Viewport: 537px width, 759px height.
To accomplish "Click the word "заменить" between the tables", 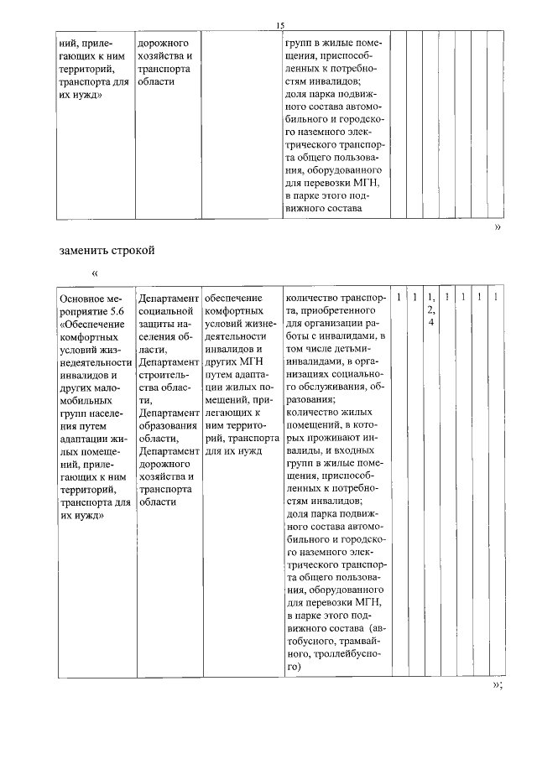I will pyautogui.click(x=86, y=250).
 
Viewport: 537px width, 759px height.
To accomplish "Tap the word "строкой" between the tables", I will pyautogui.click(x=134, y=250).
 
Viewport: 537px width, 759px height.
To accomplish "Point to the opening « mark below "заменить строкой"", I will pyautogui.click(x=95, y=273).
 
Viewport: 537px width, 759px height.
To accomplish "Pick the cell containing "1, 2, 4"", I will pyautogui.click(x=430, y=309).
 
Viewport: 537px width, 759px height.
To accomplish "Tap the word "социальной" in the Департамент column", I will pyautogui.click(x=165, y=310).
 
